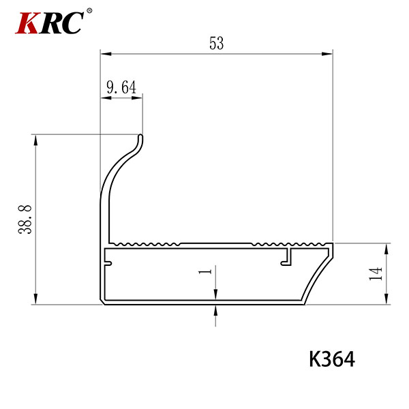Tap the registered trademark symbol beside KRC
[89, 11]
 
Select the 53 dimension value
[217, 44]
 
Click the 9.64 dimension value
[121, 87]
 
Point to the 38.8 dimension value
[25, 219]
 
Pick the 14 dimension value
[376, 273]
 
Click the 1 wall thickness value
[205, 271]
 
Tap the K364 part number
[332, 359]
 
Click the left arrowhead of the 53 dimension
[106, 54]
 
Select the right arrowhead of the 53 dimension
[327, 54]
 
